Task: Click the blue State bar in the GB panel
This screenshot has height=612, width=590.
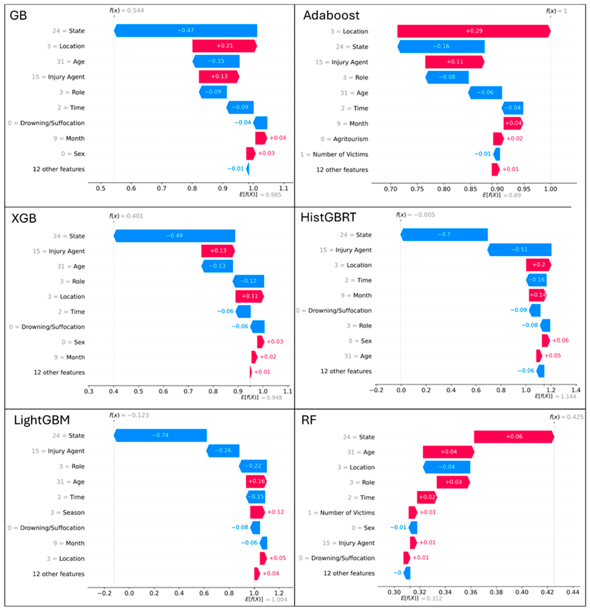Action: point(185,31)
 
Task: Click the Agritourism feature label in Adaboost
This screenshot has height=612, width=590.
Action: point(351,139)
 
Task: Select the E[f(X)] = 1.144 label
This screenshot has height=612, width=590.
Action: point(555,396)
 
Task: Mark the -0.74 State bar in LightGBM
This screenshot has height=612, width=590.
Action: point(160,435)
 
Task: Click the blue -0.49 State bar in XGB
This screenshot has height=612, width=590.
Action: point(174,236)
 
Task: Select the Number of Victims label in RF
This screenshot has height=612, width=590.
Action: point(347,513)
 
